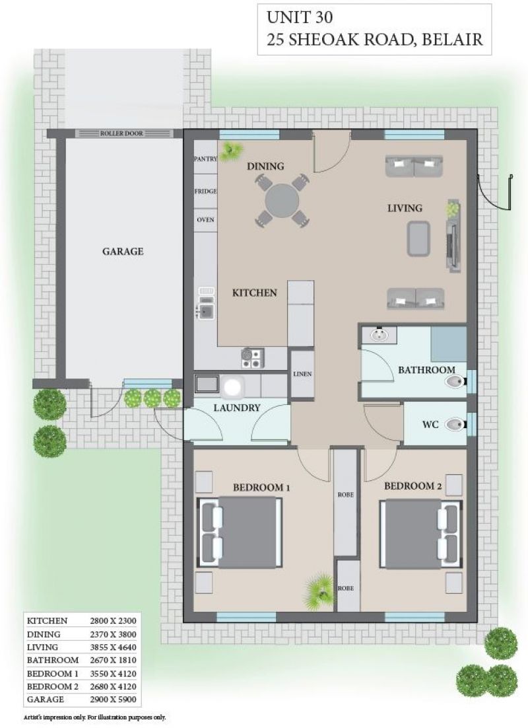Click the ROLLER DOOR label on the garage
[121, 133]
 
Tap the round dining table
[282, 201]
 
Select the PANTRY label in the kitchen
[205, 159]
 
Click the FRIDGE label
[205, 192]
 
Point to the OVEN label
[205, 219]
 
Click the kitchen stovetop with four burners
[252, 358]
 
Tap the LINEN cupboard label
[302, 374]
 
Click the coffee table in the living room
[418, 238]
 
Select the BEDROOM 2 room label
[412, 486]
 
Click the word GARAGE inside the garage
[123, 251]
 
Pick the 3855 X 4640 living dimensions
[113, 647]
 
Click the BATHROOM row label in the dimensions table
[52, 660]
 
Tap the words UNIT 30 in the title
[299, 18]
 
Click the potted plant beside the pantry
[230, 151]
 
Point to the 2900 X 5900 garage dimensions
[113, 699]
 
